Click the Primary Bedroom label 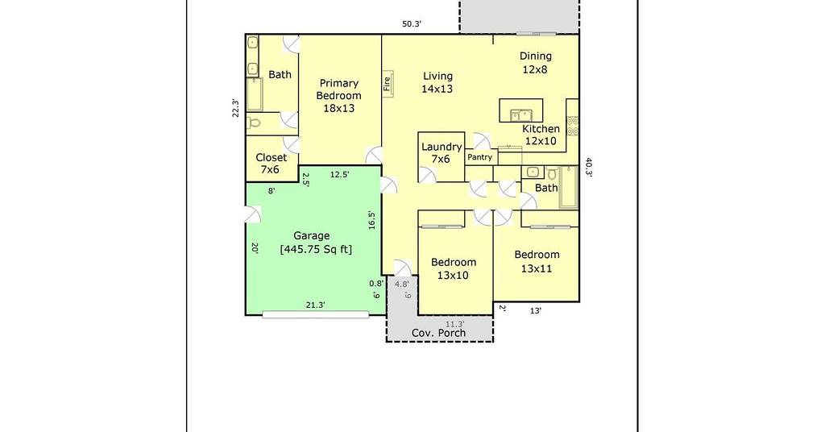339,96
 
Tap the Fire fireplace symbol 388,83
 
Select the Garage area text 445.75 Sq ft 316,249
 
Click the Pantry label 480,157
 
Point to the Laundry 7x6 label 442,152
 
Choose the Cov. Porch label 438,333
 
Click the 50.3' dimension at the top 412,23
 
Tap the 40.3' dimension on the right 589,168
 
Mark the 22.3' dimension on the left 236,108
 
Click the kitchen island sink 520,115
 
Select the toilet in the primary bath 255,123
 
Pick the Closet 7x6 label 271,163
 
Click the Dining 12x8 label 536,62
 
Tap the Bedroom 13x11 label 537,261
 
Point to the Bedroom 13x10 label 453,268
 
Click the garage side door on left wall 253,214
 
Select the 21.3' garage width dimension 316,305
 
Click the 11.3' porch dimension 455,324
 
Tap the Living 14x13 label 437,82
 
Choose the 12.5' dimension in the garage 339,175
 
